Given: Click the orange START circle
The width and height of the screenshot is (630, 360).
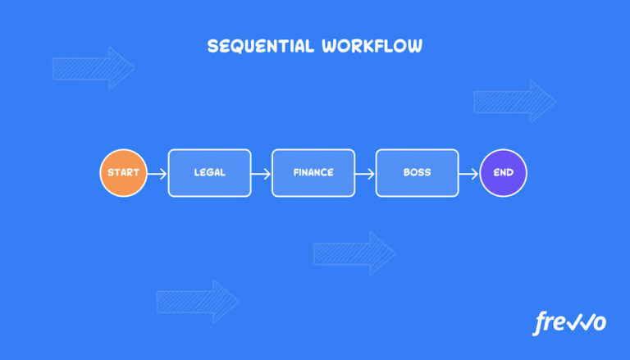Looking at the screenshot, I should (123, 173).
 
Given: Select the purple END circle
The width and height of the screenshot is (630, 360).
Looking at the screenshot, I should (503, 173).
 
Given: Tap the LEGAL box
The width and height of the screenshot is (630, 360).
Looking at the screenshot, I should (209, 173).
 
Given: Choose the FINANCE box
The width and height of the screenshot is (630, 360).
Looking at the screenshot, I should (313, 173).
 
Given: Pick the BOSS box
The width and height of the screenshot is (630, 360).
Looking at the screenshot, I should (417, 173).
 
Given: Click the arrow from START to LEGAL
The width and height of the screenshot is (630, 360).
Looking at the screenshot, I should (157, 173).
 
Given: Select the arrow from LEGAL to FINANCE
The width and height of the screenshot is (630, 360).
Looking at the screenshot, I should (261, 173).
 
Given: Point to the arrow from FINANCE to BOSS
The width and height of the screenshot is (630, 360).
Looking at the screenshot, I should (365, 173).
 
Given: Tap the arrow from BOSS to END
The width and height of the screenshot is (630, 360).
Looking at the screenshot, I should (468, 173).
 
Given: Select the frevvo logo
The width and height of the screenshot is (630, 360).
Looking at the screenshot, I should (569, 322).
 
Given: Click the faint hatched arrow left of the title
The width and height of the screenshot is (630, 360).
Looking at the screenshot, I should (93, 68).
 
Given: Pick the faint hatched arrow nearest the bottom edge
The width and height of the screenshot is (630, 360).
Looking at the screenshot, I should (197, 301).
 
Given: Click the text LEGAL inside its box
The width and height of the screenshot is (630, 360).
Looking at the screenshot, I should (209, 173).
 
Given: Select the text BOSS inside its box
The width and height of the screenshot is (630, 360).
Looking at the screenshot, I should (417, 173).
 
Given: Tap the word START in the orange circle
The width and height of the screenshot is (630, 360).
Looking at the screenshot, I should (123, 173).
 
